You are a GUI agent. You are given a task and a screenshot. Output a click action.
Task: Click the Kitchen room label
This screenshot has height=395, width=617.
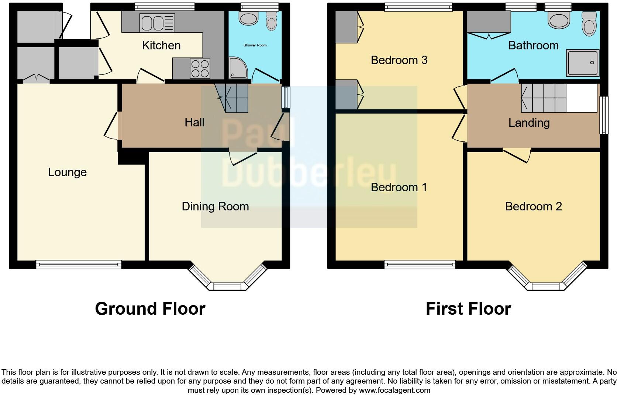pyautogui.click(x=161, y=45)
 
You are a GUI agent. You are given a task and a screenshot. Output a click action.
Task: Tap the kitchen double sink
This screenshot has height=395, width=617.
pyautogui.click(x=157, y=23)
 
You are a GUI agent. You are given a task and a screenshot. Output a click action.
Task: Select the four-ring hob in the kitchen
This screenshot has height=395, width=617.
pyautogui.click(x=200, y=69)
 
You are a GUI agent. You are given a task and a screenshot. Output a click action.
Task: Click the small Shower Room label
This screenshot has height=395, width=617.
pyautogui.click(x=255, y=45)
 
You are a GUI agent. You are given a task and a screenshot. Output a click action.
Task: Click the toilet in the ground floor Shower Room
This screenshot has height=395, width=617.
pyautogui.click(x=272, y=21)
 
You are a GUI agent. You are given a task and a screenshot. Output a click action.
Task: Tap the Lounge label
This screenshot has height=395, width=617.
pyautogui.click(x=67, y=172)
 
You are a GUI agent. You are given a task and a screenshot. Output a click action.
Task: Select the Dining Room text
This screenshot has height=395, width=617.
pyautogui.click(x=215, y=206)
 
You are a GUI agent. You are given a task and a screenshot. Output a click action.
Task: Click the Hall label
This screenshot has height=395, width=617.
pyautogui.click(x=194, y=122)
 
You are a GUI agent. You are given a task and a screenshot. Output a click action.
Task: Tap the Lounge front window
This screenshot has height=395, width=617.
pyautogui.click(x=79, y=264)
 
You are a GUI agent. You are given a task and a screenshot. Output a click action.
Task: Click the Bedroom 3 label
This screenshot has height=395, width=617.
pyautogui.click(x=399, y=60)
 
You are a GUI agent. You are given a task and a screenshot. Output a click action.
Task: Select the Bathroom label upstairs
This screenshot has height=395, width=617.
pyautogui.click(x=533, y=45)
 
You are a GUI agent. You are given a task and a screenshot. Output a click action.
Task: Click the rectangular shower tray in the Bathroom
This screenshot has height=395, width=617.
pyautogui.click(x=583, y=63)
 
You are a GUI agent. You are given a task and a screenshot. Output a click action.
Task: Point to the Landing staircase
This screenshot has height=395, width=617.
pyautogui.click(x=544, y=98)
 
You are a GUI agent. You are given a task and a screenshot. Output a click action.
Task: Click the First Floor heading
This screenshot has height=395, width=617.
pyautogui.click(x=468, y=309)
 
